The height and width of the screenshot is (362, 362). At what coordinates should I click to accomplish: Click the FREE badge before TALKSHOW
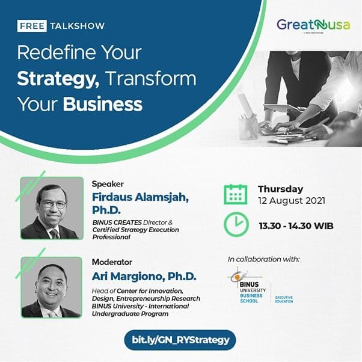[32, 26]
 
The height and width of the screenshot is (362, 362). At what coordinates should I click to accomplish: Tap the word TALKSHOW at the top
[78, 26]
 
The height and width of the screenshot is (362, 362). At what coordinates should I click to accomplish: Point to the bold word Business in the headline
[103, 104]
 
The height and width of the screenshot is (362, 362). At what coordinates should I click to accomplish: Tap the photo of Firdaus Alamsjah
[51, 208]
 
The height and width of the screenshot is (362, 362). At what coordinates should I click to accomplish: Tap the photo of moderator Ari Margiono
[51, 287]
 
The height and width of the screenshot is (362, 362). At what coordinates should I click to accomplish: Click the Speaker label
[106, 184]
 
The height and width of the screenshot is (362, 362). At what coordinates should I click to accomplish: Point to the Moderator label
[112, 262]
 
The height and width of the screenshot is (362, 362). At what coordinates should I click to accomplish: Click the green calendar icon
[236, 195]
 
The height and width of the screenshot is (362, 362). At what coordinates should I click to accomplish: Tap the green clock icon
[236, 225]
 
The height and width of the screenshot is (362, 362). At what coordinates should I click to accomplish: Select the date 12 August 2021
[291, 201]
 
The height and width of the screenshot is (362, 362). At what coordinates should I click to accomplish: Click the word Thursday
[280, 189]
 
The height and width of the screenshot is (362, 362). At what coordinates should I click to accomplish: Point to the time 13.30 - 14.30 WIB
[296, 226]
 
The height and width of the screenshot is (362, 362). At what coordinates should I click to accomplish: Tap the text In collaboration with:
[263, 259]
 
